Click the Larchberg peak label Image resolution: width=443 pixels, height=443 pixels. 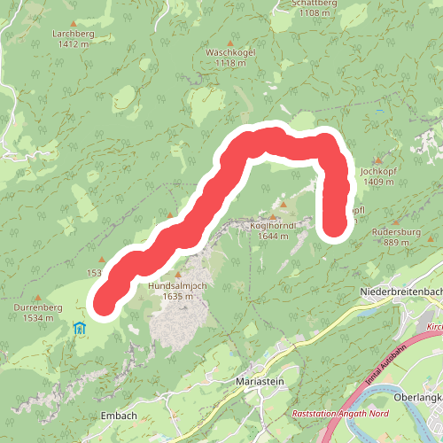(73, 34)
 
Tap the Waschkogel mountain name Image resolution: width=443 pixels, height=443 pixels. (230, 52)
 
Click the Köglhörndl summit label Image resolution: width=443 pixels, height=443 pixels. (271, 226)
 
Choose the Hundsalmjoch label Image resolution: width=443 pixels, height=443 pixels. (177, 286)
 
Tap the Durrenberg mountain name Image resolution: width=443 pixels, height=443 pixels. (37, 307)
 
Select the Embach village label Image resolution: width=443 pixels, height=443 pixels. (119, 415)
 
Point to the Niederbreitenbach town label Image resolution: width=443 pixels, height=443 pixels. (401, 291)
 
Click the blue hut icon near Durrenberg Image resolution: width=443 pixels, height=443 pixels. (80, 329)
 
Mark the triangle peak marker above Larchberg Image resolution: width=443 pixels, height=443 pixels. (73, 24)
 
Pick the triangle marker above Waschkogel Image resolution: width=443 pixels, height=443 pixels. (230, 43)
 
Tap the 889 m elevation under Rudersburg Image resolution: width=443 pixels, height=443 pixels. (397, 242)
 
